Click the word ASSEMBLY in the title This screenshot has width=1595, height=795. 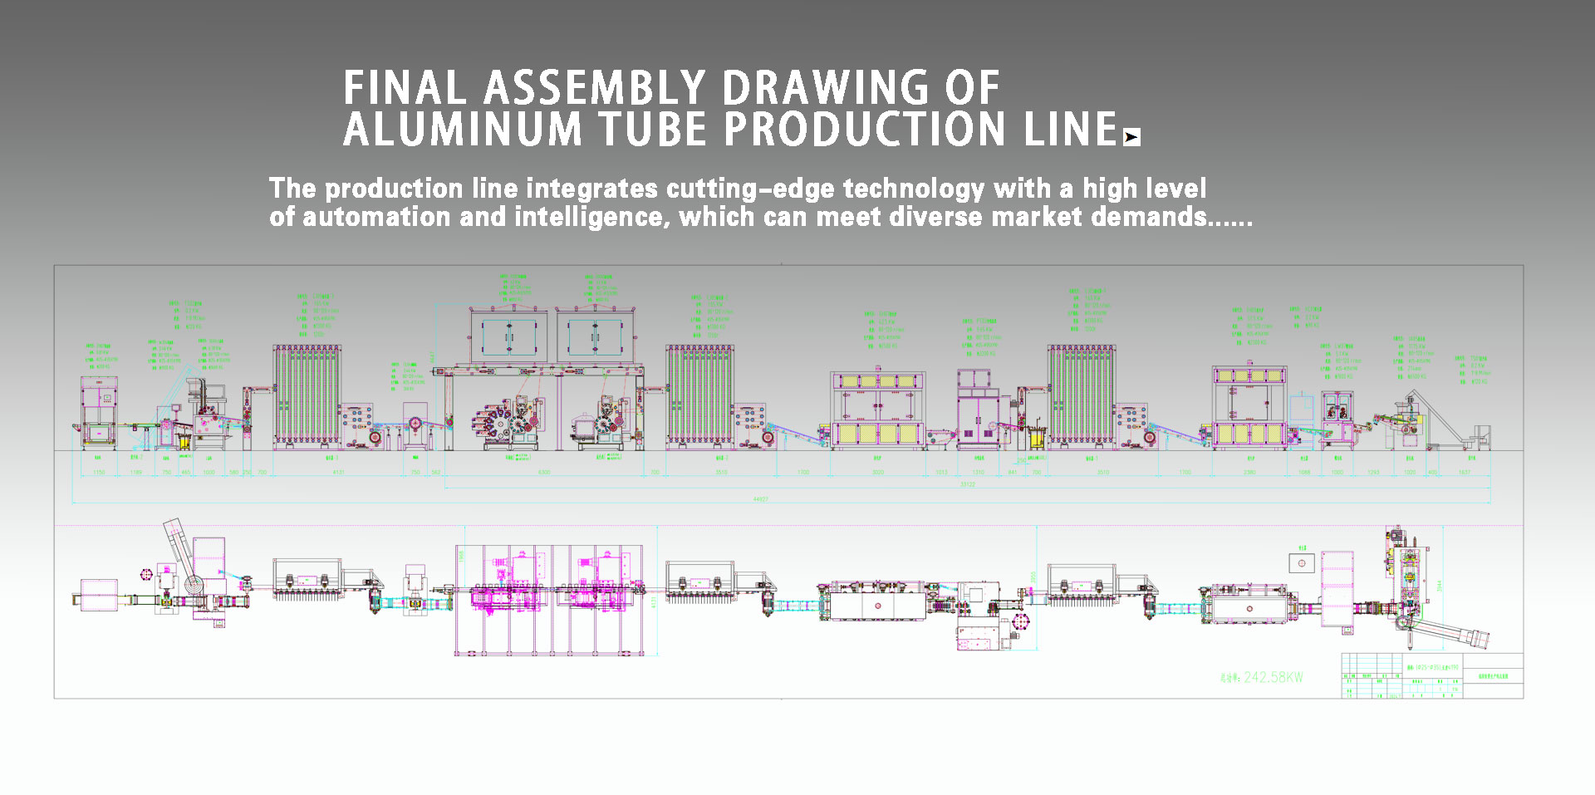tap(594, 88)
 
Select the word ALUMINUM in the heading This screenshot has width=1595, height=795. tap(463, 130)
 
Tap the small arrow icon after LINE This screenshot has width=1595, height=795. tap(1131, 137)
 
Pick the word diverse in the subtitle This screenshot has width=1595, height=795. tap(936, 218)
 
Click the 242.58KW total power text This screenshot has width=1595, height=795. tap(1273, 678)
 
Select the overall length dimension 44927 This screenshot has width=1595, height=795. tap(760, 499)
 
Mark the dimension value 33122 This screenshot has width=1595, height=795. tap(967, 484)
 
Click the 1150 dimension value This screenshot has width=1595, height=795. tap(99, 473)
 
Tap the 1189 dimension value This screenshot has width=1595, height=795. tap(136, 473)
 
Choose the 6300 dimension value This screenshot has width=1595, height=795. tap(544, 473)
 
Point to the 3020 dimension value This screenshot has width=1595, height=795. tap(878, 473)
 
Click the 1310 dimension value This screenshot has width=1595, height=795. tap(978, 473)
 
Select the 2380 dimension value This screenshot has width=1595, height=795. tap(1249, 473)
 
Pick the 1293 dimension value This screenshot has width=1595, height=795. tap(1373, 473)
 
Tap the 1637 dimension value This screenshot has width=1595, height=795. tap(1464, 473)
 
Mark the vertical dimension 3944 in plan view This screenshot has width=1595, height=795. tap(1440, 586)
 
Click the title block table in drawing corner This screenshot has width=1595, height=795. tap(1432, 675)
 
